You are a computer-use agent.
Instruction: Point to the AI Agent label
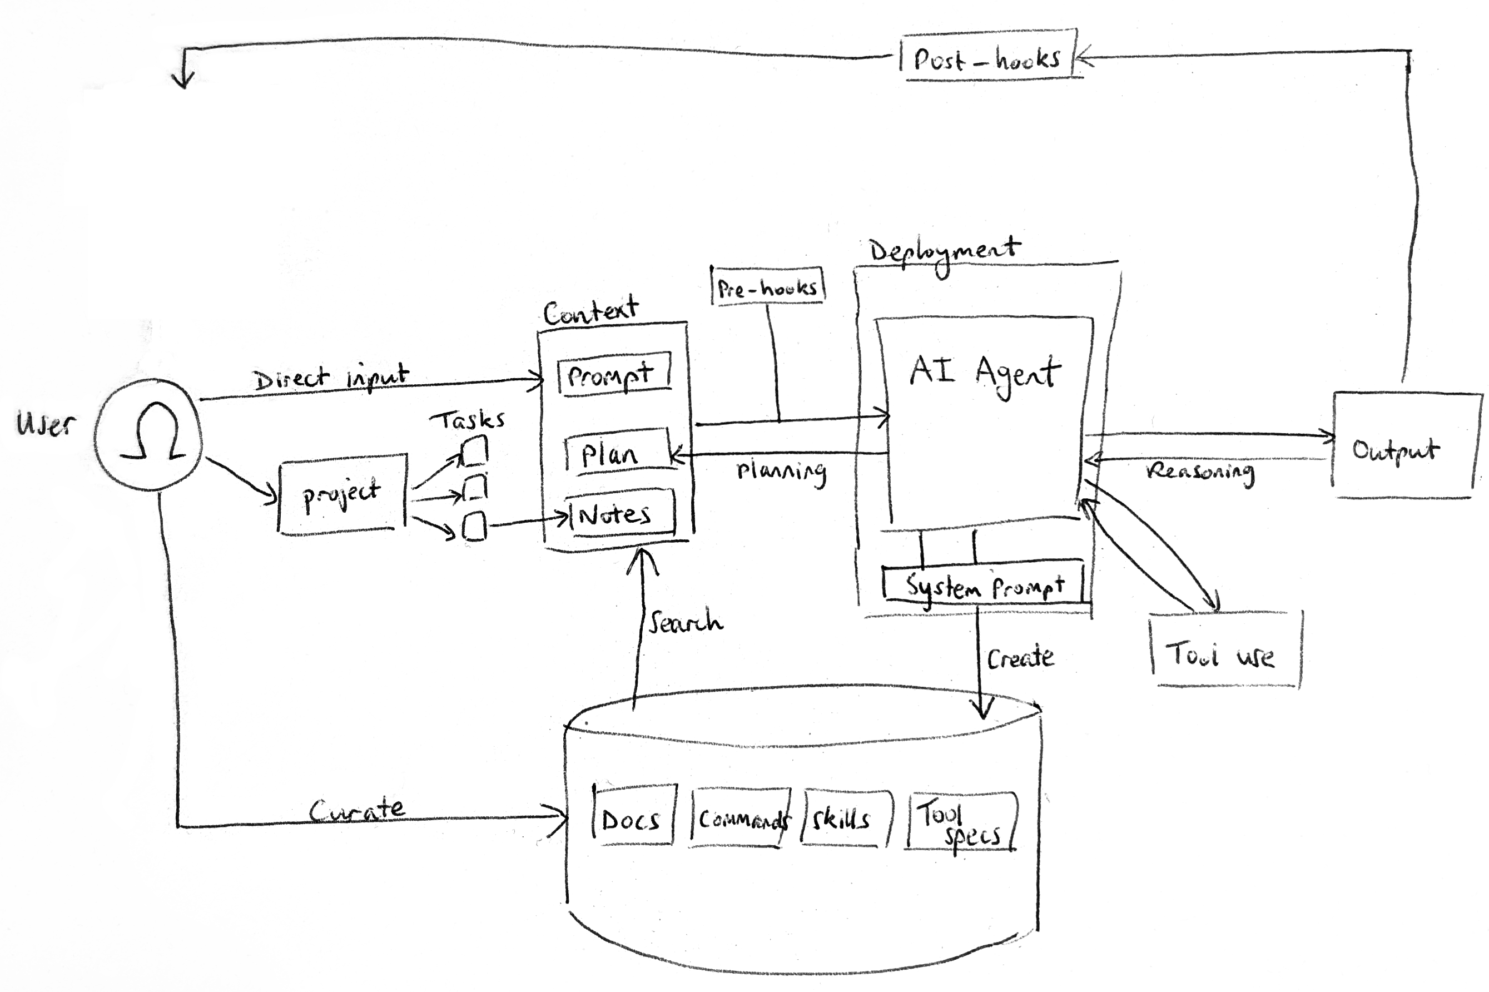click(984, 372)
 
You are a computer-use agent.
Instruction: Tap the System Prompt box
click(984, 585)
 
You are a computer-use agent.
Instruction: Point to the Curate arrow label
click(358, 809)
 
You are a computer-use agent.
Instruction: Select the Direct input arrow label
click(330, 378)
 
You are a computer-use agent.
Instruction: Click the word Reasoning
click(1199, 472)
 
